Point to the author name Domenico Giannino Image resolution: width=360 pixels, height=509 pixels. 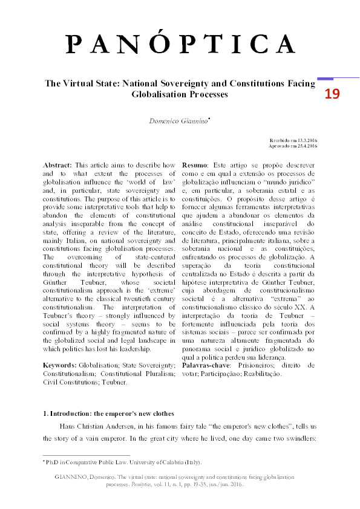coord(179,121)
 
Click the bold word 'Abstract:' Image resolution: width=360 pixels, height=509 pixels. coord(57,165)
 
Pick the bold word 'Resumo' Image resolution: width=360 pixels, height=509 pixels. coord(195,165)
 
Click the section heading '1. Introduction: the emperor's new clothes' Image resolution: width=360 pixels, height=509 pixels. coord(109,413)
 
